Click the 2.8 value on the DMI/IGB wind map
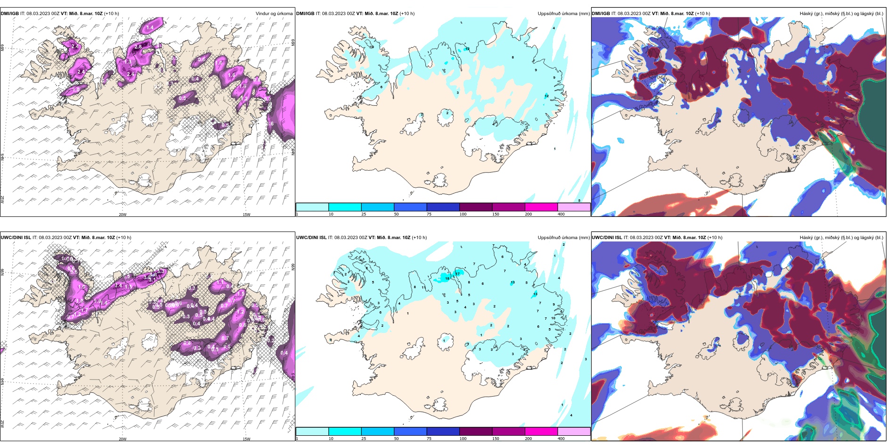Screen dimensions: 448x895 point(138,47)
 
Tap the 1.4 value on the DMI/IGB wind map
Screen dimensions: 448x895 point(150,28)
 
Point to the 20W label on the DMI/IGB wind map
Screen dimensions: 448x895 point(122,215)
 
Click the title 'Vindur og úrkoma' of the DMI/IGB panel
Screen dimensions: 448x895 point(274,14)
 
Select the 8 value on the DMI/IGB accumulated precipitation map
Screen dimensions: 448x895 point(513,58)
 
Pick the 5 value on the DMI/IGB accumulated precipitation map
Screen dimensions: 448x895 point(579,200)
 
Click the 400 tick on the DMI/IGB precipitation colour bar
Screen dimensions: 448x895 point(561,214)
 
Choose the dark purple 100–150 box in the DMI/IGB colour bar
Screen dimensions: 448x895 point(475,207)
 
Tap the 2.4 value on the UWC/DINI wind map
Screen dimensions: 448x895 point(119,286)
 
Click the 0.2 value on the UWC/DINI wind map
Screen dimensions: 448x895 point(270,340)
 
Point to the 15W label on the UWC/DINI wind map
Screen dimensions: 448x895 point(246,439)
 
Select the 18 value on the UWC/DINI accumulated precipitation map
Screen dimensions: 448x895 point(447,279)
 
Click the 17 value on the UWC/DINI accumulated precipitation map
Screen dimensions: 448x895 point(457,274)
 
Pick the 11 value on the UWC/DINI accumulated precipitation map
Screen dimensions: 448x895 point(423,287)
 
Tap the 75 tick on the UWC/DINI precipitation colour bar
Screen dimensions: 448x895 point(429,439)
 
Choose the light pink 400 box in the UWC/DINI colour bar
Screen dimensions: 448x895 point(574,431)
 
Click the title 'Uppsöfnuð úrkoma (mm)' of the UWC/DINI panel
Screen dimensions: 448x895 point(563,238)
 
